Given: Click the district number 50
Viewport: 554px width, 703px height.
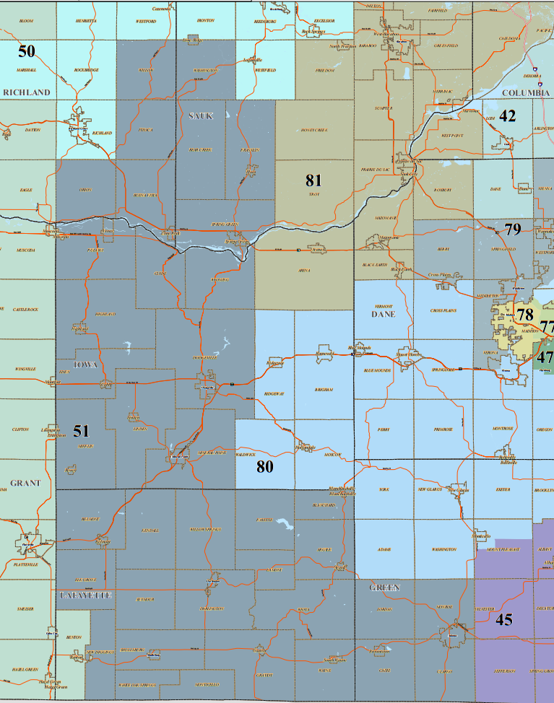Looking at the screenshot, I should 27,51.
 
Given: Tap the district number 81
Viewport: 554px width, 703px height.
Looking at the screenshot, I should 313,180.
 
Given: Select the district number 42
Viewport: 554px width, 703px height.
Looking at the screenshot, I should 508,116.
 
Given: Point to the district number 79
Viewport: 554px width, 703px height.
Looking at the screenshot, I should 513,230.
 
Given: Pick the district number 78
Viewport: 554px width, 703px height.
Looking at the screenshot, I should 525,314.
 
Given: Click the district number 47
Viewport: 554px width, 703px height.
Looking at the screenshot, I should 545,357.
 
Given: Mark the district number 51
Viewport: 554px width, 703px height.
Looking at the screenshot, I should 81,431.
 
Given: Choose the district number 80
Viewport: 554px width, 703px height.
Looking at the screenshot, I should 265,466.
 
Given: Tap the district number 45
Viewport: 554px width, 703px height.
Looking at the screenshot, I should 504,618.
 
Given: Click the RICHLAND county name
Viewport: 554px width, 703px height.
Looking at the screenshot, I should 27,92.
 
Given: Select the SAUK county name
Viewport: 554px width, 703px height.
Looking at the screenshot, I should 201,116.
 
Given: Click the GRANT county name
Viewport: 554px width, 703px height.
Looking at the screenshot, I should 25,483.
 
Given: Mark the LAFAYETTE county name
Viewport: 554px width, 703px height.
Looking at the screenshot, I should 85,595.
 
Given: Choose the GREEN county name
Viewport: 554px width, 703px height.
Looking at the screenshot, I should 384,588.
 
